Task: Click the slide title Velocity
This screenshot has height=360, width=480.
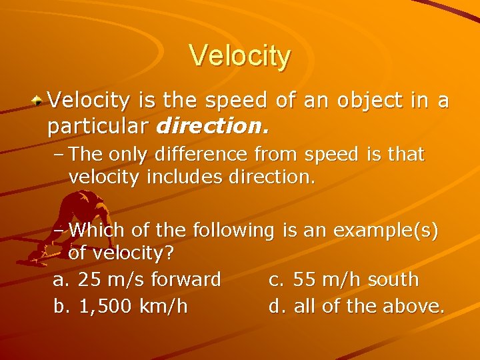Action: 240,56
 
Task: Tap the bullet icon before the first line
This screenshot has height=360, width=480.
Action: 39,101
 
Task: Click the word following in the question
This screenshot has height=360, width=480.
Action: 233,231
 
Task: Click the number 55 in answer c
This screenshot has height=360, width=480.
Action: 305,280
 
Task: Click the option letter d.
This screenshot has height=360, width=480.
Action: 275,306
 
